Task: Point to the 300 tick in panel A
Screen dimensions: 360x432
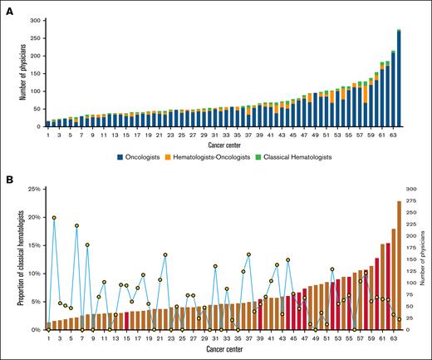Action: (x=32, y=17)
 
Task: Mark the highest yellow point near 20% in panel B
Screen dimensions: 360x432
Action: (x=54, y=218)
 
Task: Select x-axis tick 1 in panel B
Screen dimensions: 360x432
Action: (x=48, y=337)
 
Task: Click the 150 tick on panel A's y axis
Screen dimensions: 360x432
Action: (x=32, y=72)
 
